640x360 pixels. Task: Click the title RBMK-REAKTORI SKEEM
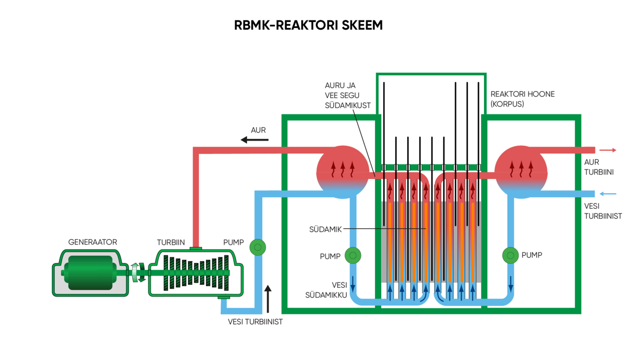click(308, 26)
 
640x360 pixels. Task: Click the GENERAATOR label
click(92, 242)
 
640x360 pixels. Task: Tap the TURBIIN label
click(171, 242)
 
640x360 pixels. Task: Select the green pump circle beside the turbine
click(257, 247)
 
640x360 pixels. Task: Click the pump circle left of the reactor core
click(352, 255)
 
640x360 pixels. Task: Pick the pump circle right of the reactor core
click(510, 255)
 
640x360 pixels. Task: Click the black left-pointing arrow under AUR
click(255, 140)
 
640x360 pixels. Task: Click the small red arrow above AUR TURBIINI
click(608, 150)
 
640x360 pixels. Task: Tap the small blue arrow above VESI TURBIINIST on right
click(608, 194)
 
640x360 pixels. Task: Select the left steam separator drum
click(342, 172)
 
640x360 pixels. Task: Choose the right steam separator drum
click(521, 172)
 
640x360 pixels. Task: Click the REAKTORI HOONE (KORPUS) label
click(516, 99)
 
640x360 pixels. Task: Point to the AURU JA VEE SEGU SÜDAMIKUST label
click(347, 95)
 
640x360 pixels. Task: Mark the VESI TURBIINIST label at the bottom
click(255, 322)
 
